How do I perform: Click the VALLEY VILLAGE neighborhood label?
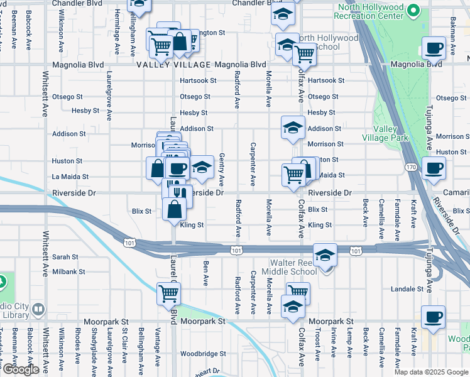[174, 65]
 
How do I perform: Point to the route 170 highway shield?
[411, 167]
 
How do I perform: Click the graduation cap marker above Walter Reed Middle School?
[325, 255]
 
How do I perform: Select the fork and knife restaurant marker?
[180, 192]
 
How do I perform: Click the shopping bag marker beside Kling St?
[174, 209]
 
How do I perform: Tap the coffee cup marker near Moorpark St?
[433, 317]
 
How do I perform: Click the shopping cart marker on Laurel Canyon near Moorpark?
[168, 293]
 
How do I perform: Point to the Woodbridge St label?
[203, 354]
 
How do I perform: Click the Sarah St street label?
[65, 257]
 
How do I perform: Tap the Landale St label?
[408, 289]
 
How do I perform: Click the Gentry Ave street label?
[222, 167]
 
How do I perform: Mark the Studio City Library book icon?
[38, 309]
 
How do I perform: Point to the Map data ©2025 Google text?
[431, 372]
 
